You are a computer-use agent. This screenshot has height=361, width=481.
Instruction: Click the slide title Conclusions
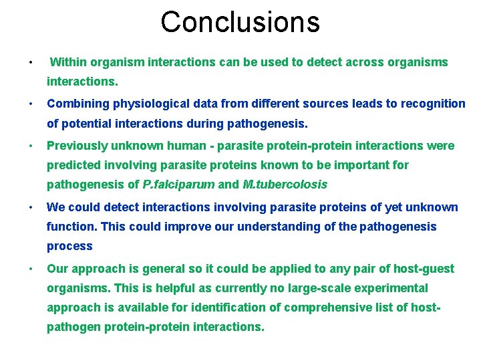pos(240,22)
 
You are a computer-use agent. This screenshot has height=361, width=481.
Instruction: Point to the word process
pos(69,246)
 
